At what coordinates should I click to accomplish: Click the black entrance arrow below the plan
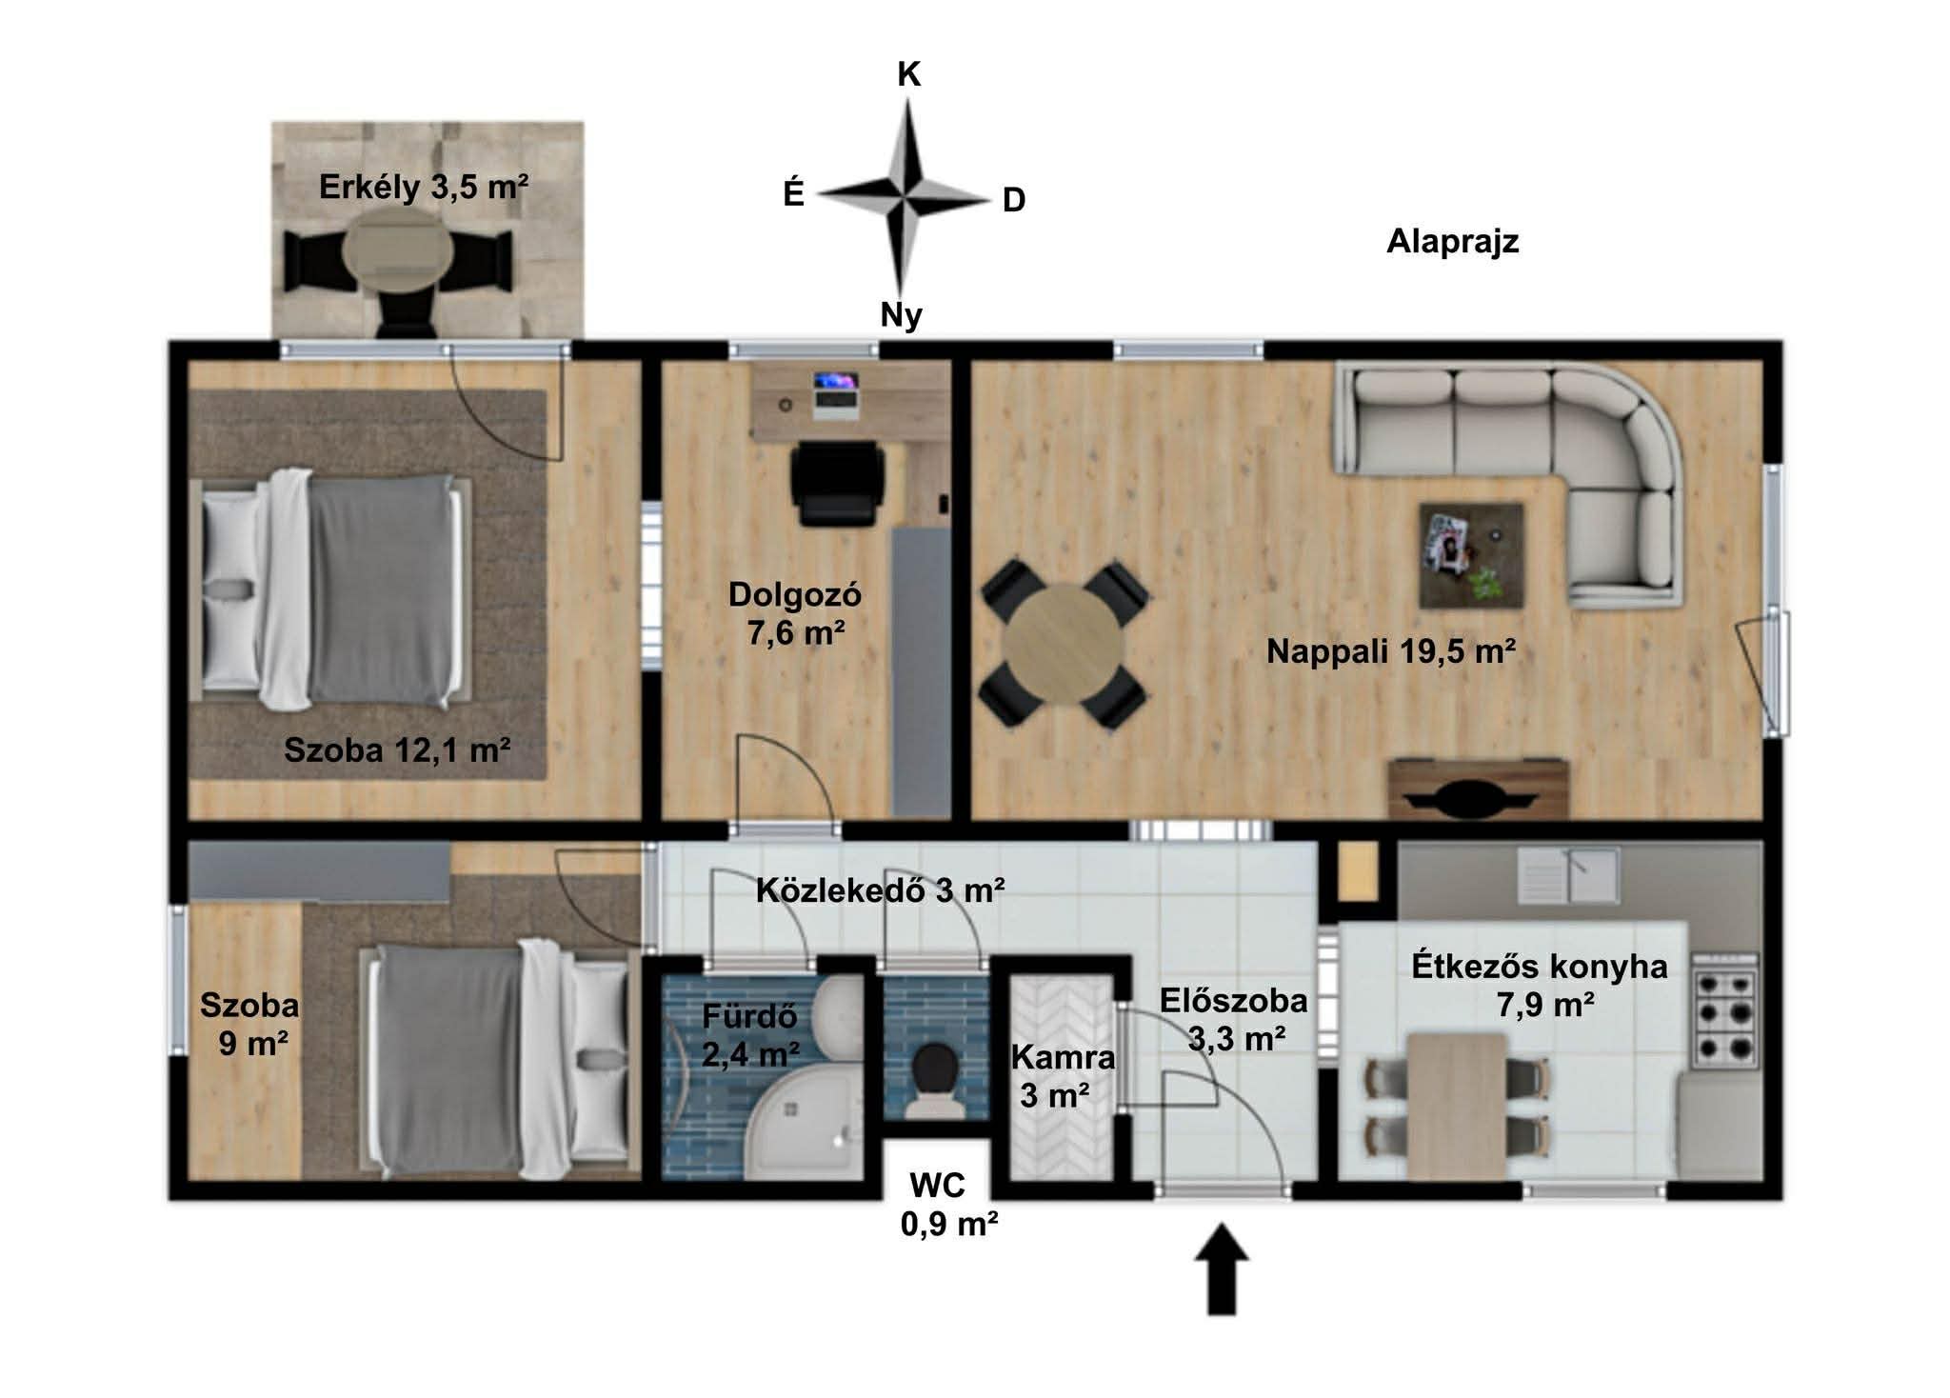click(1222, 1269)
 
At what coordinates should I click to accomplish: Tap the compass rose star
click(905, 199)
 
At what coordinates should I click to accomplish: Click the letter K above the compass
click(909, 74)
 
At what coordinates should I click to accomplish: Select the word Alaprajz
click(1452, 242)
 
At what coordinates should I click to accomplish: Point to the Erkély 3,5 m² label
click(424, 187)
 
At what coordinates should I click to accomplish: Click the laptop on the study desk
click(836, 395)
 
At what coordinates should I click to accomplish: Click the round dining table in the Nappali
click(1065, 645)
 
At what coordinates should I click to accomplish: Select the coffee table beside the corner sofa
click(1471, 556)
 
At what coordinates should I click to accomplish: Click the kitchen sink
click(1567, 875)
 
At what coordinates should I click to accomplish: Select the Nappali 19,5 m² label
click(1391, 651)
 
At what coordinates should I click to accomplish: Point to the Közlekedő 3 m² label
click(880, 890)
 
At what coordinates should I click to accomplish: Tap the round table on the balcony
click(398, 250)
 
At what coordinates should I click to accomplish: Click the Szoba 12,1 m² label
click(397, 750)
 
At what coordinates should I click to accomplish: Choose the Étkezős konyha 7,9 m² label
click(1540, 985)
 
